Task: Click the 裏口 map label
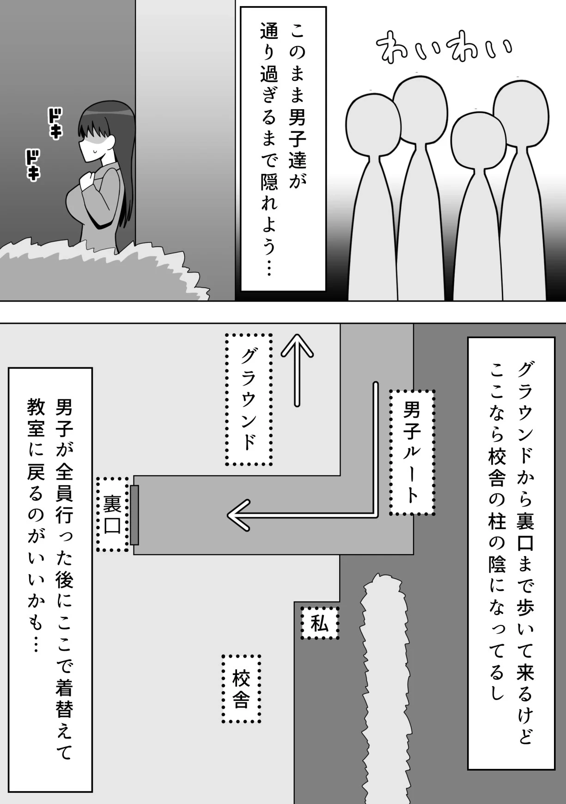click(x=113, y=514)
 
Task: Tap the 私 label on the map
click(x=320, y=623)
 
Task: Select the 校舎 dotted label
click(x=241, y=689)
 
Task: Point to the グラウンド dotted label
click(x=249, y=399)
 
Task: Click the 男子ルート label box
click(x=412, y=452)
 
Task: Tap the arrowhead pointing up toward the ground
click(x=297, y=346)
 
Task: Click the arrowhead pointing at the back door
click(x=238, y=514)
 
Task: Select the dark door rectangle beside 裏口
click(x=134, y=515)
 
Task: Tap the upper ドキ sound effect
click(x=55, y=124)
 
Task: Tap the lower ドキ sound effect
click(x=32, y=166)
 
